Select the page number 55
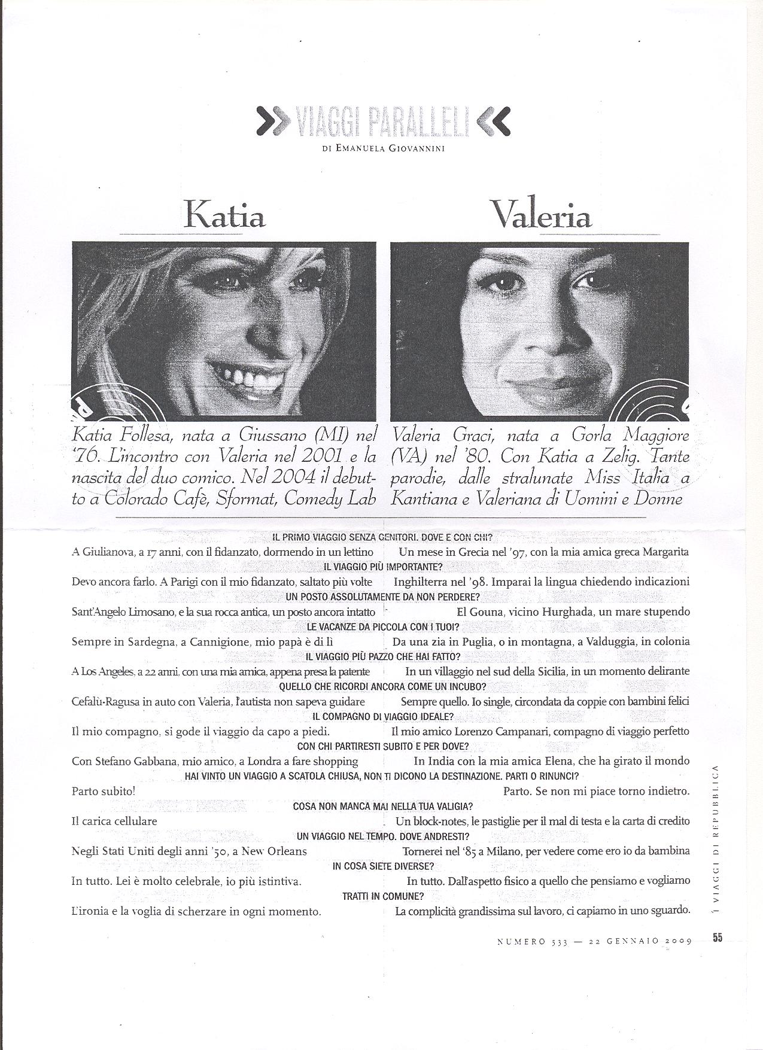(718, 938)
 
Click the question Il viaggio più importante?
(383, 567)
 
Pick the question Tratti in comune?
(383, 896)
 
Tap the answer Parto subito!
(104, 791)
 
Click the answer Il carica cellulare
(114, 821)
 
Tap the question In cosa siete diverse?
(383, 866)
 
